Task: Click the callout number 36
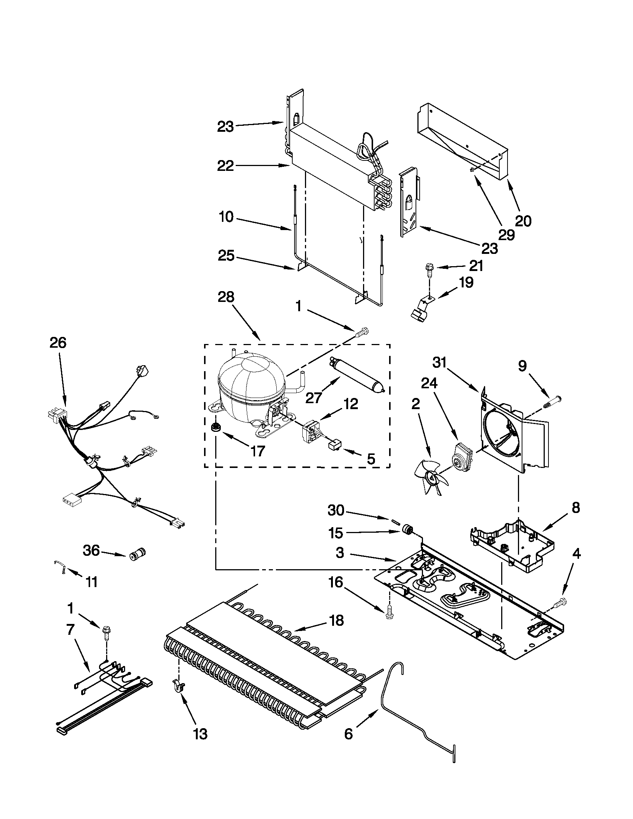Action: (x=92, y=551)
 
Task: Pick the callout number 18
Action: (x=337, y=621)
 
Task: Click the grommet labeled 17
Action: (x=216, y=426)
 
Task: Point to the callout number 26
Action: (x=58, y=342)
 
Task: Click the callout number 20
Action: (x=523, y=221)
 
